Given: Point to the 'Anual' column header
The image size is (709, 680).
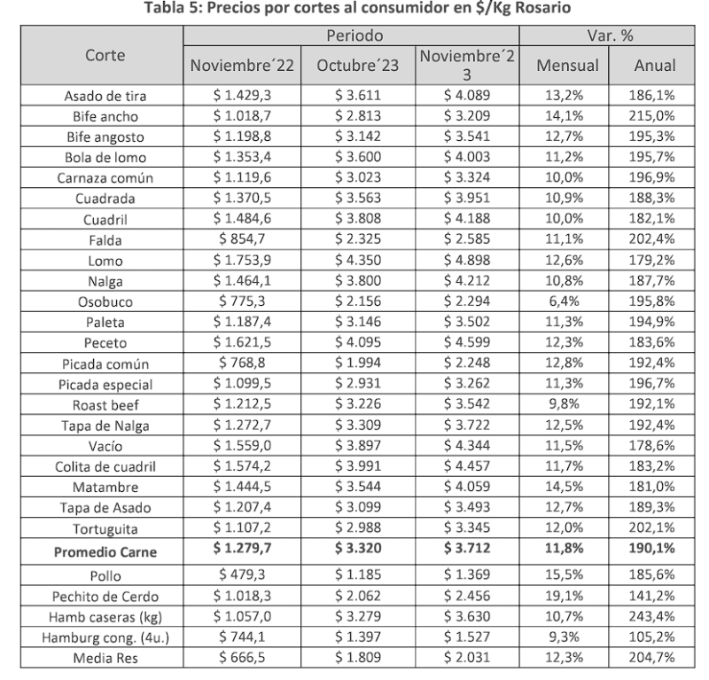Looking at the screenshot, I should (x=655, y=66).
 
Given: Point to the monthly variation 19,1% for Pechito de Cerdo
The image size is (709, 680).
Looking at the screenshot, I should (x=571, y=595).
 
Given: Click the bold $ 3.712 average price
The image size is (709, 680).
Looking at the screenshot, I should (x=466, y=553).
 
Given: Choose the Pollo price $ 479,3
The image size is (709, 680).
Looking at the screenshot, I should (x=242, y=574).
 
